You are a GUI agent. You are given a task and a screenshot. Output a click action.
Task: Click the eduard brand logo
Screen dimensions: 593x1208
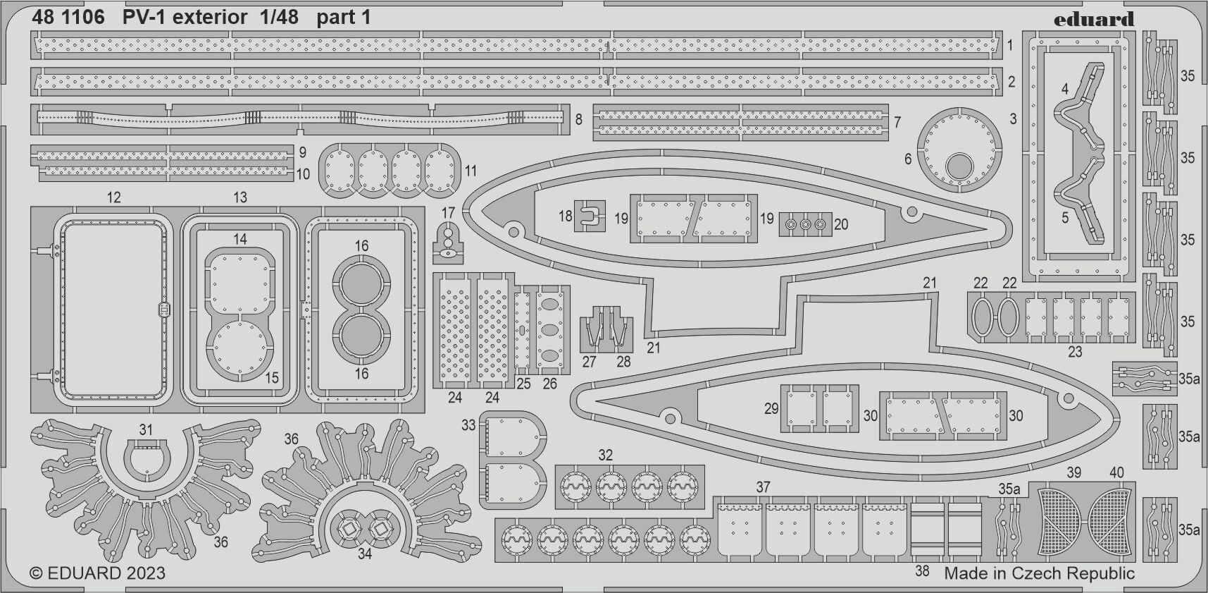[x=1093, y=19]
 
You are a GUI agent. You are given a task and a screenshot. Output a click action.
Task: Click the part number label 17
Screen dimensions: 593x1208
[x=448, y=213]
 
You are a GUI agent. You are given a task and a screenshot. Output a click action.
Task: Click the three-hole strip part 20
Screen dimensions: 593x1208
[x=805, y=224]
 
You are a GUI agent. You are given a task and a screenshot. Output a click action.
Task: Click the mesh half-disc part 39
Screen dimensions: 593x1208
[x=1061, y=520]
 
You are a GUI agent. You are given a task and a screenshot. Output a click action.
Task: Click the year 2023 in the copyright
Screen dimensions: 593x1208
[x=147, y=573]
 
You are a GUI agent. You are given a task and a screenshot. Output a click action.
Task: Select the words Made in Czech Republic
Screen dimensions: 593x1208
[x=1039, y=573]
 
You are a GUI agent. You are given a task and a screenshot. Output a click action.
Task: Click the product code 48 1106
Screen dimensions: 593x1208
[x=68, y=18]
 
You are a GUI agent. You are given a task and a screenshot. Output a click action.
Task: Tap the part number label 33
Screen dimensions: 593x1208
[x=468, y=425]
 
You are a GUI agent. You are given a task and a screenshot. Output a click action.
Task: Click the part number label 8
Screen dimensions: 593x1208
[x=578, y=120]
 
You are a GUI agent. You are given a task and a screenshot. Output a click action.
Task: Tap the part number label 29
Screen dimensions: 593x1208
[x=771, y=408]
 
